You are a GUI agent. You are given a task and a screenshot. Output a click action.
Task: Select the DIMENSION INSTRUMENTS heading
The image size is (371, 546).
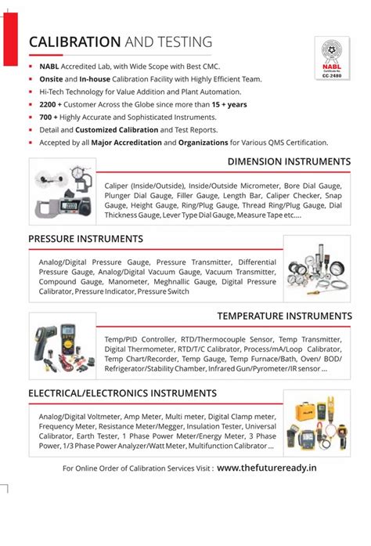point(289,162)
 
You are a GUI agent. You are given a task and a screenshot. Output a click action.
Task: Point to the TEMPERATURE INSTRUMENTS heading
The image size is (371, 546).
point(284,316)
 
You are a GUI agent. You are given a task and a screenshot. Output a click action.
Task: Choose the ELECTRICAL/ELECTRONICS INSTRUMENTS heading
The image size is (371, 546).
point(122,392)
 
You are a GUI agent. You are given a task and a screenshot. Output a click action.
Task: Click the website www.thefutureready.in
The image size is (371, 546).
point(267,468)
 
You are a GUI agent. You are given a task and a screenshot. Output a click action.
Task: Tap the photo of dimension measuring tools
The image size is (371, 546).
point(62,189)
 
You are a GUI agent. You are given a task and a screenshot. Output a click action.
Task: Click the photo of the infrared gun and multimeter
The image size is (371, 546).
point(62,342)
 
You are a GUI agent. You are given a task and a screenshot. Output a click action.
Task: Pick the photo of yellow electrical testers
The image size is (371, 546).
point(317,424)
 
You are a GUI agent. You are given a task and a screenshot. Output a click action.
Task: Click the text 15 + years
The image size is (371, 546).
point(229,103)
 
